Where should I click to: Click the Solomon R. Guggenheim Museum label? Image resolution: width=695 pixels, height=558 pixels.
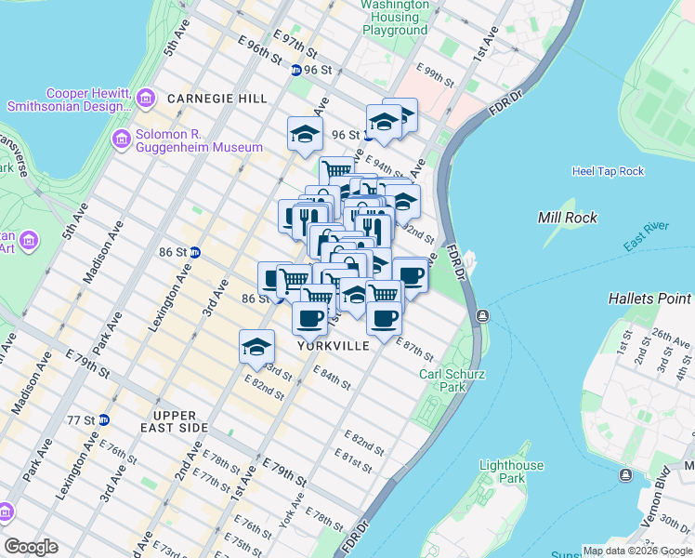(x=199, y=140)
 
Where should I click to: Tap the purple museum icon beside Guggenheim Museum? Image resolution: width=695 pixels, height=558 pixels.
(x=121, y=140)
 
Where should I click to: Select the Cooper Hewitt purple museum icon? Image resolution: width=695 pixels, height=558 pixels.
(x=147, y=97)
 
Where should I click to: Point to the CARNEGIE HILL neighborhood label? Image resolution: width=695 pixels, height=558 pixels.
(x=217, y=99)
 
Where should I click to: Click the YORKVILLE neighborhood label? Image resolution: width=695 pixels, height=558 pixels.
(x=334, y=345)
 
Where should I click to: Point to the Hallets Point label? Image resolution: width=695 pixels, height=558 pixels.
(x=649, y=299)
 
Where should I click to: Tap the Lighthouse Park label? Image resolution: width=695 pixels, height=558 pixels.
(x=508, y=472)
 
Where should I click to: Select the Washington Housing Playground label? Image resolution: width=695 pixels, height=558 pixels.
(x=395, y=18)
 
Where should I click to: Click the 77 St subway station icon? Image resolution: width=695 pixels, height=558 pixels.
(x=104, y=419)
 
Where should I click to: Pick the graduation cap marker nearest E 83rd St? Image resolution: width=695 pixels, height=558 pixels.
(x=257, y=348)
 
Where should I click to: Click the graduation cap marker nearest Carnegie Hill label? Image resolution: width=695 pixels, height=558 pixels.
(x=305, y=135)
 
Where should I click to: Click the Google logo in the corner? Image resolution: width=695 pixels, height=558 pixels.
(x=31, y=547)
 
